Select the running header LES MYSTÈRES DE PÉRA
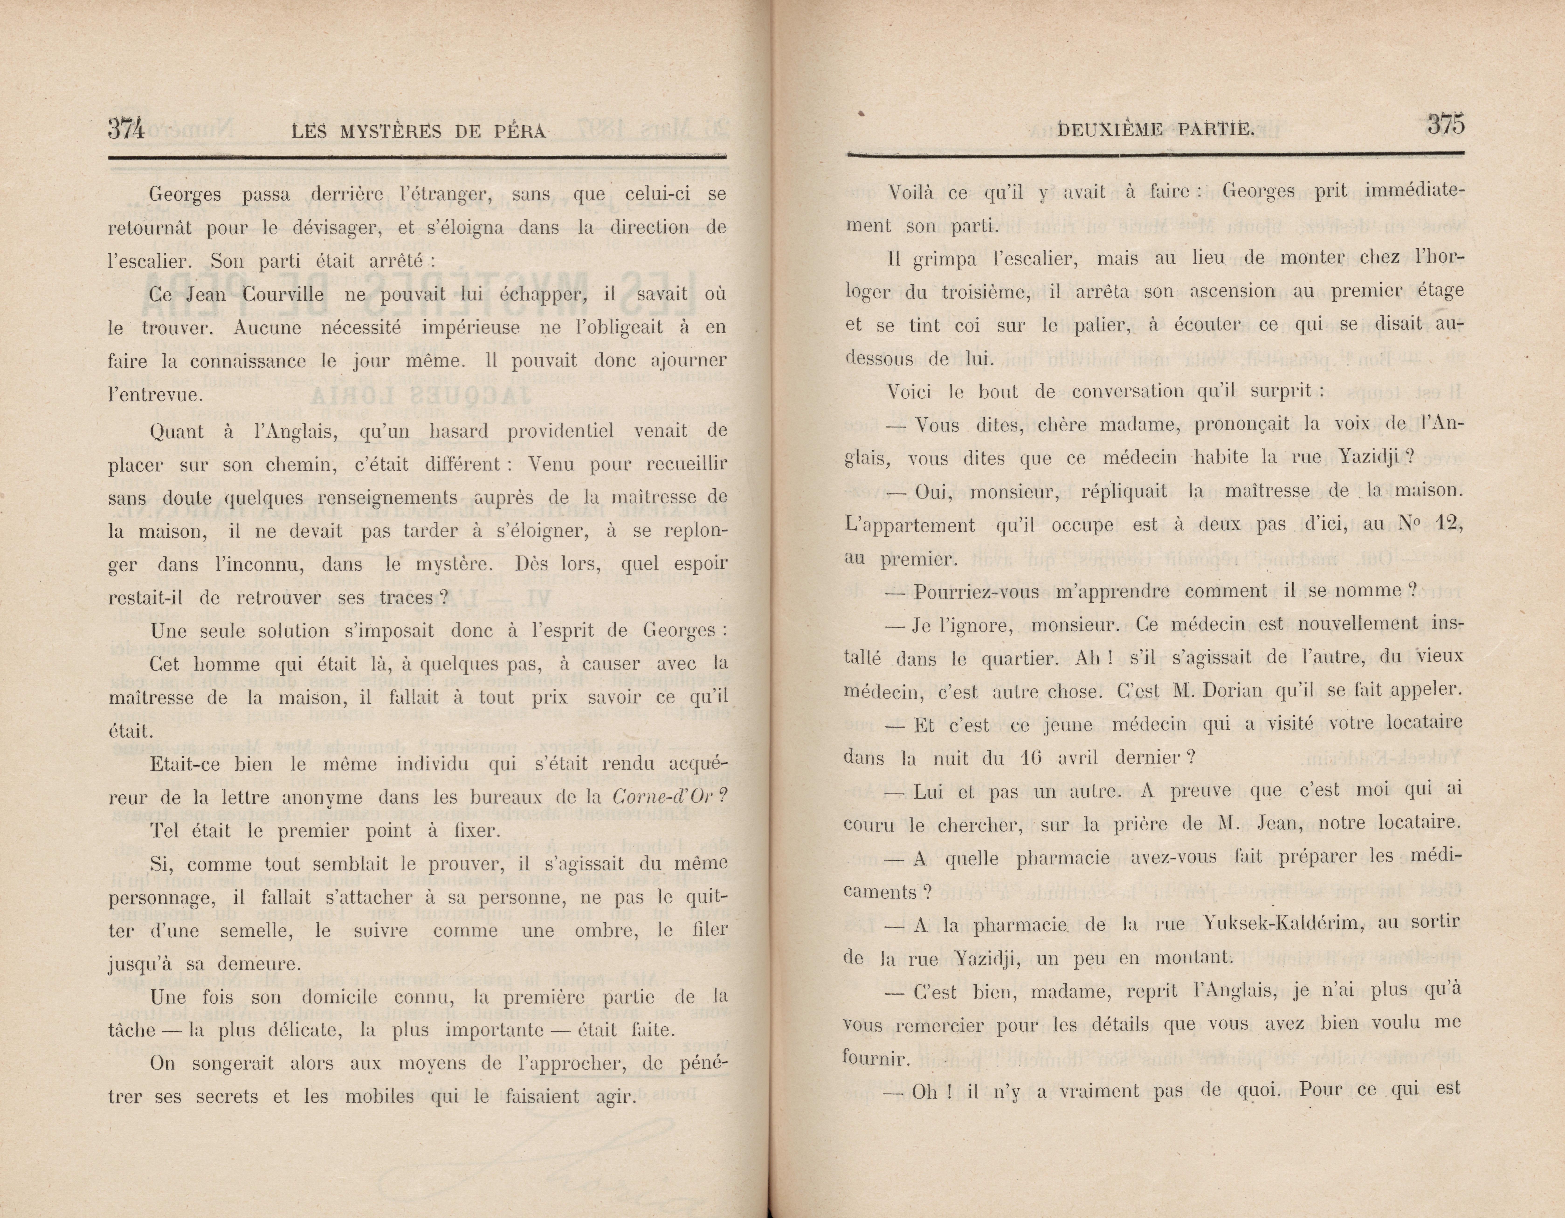420,131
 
